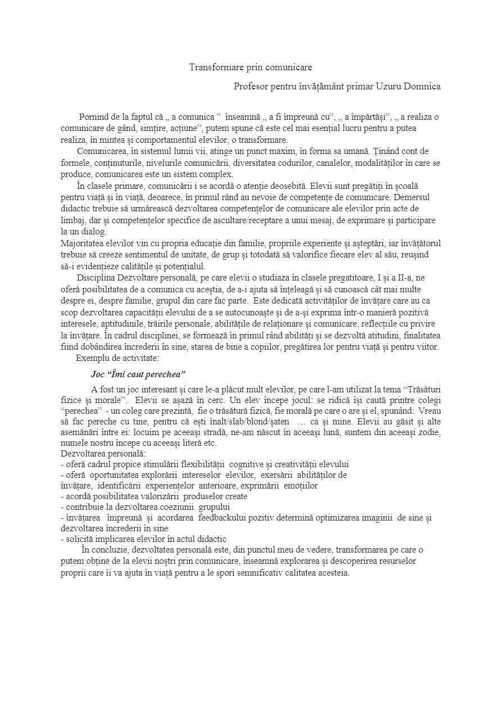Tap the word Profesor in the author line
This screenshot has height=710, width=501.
coord(250,87)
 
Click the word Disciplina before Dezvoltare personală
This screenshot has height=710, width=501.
coord(95,278)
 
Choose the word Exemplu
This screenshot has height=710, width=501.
coord(94,358)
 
